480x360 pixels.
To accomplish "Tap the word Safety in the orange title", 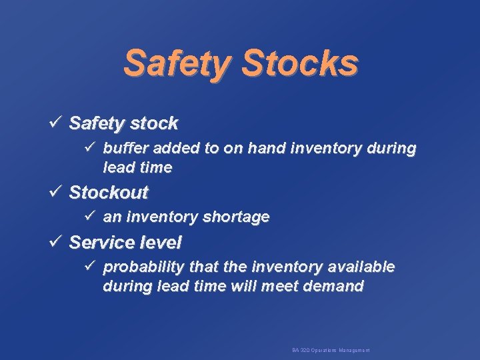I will point(175,64).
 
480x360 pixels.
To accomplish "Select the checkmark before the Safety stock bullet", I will point(56,123).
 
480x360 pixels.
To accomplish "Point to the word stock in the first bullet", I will point(154,123).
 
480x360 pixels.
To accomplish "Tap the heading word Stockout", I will point(109,193).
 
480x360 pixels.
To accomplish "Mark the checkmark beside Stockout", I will point(56,193).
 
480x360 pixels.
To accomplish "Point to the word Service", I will point(100,241).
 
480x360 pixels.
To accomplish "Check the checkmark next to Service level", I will point(56,241).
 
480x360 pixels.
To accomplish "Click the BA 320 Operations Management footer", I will point(331,350).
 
